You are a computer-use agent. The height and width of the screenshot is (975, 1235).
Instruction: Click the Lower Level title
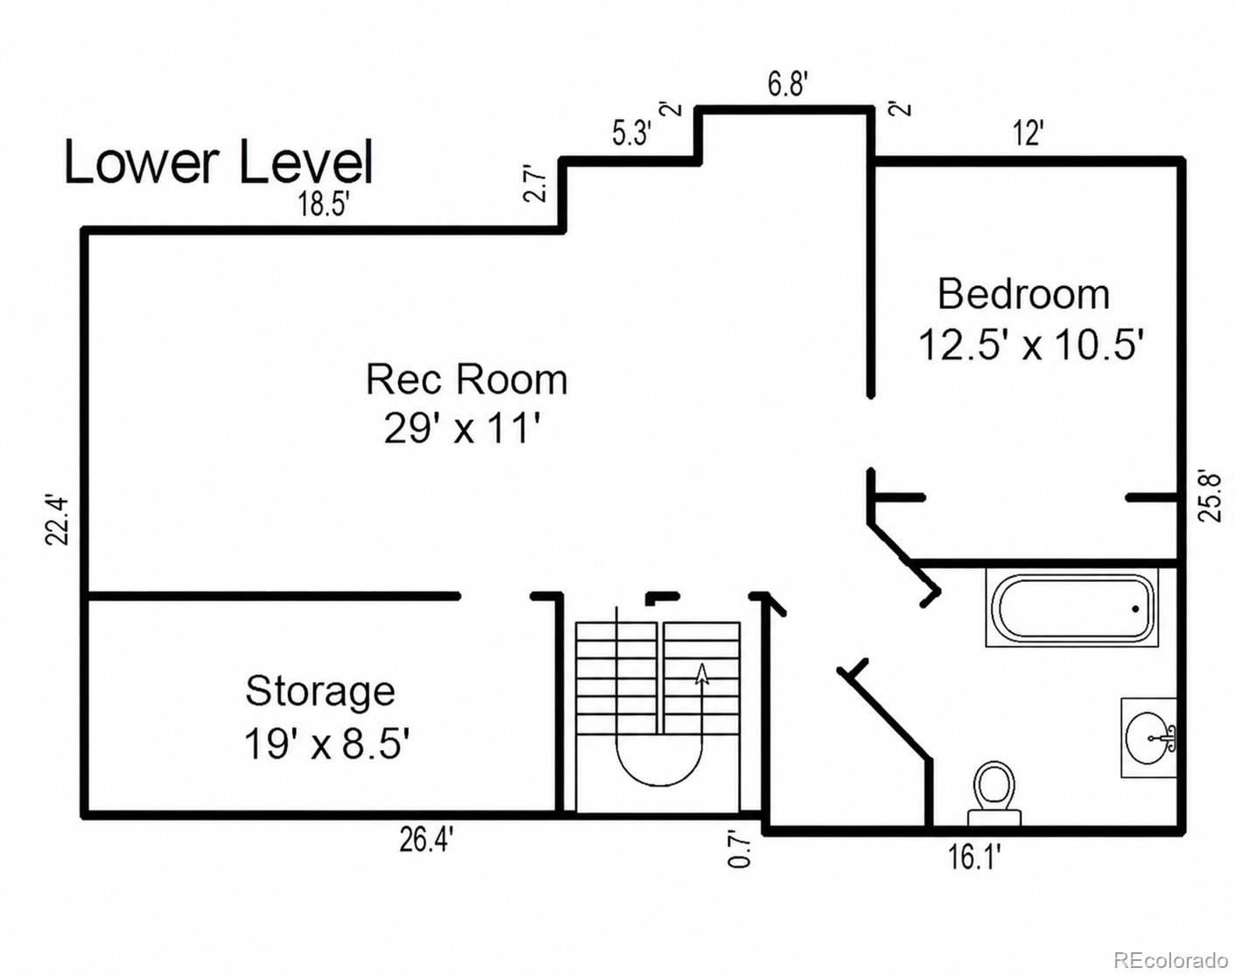(x=219, y=162)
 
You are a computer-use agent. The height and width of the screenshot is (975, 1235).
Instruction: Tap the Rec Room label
(x=467, y=379)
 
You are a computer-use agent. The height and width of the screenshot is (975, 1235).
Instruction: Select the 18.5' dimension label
(x=323, y=204)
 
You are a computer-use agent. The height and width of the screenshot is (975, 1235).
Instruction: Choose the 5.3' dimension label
(x=631, y=134)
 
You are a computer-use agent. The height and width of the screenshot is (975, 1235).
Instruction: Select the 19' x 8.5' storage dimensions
(x=326, y=744)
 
